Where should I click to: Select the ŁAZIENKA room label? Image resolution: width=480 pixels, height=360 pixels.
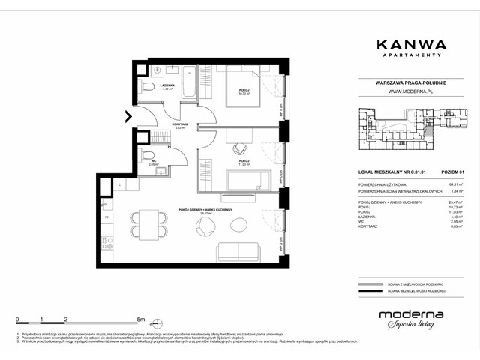166,85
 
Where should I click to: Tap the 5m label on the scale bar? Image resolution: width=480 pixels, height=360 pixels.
141,319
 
